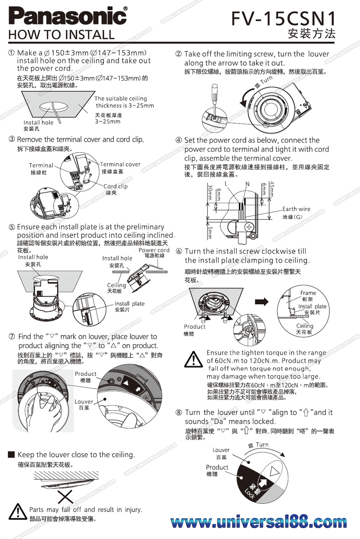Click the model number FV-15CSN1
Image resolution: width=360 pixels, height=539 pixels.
click(283, 19)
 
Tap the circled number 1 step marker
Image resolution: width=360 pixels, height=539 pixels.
click(12, 53)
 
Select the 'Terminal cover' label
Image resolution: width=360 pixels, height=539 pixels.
click(120, 164)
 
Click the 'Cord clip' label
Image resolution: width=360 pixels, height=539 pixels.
click(115, 186)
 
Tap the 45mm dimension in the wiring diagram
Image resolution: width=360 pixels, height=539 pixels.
click(272, 189)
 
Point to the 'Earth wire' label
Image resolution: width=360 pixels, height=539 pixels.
click(296, 209)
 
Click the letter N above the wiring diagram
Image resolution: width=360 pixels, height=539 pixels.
click(247, 184)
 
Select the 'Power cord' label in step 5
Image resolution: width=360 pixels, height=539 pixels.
click(154, 250)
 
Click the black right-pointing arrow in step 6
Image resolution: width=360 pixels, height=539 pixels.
click(262, 302)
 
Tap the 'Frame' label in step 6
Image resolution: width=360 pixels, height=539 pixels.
click(308, 293)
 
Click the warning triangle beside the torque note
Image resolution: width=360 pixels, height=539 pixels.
click(193, 359)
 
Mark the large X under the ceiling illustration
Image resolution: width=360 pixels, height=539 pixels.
click(66, 498)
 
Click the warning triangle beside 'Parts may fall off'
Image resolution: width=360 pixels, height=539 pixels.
click(18, 511)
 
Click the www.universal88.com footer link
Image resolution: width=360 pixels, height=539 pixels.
click(259, 522)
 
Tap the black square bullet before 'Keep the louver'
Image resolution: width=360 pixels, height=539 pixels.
click(11, 454)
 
